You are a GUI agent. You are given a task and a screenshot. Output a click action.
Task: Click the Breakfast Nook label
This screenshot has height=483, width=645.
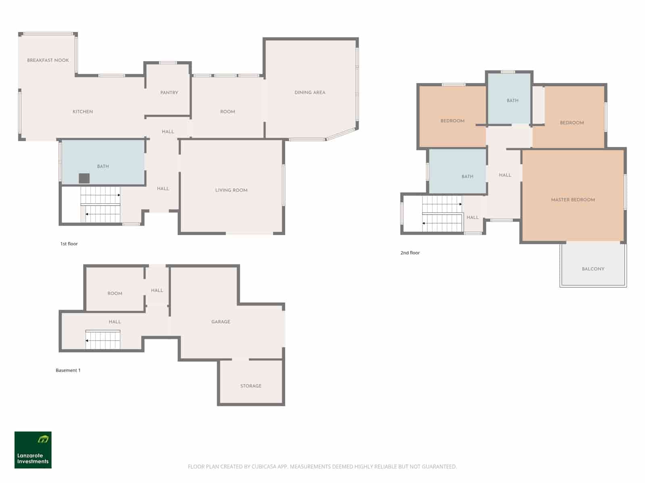pos(48,60)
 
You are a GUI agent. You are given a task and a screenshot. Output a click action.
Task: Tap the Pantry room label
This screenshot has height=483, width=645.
pos(169,93)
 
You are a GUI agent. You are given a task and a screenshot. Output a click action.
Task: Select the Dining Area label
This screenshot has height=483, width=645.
pos(310,93)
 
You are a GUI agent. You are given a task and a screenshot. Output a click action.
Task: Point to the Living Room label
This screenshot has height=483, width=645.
pos(231,190)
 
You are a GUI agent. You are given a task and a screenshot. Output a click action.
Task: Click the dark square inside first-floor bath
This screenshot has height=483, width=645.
pos(84,178)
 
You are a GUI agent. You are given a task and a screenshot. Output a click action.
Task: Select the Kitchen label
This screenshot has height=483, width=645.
pos(83,112)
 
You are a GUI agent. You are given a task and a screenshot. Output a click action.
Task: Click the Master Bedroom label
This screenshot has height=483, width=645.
pos(572,200)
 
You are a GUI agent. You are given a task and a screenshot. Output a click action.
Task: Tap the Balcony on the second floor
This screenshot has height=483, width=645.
pos(593,268)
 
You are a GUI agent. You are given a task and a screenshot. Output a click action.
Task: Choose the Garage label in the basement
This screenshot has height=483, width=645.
pos(221,322)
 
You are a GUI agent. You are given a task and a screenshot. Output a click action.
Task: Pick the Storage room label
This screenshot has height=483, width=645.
pos(251,386)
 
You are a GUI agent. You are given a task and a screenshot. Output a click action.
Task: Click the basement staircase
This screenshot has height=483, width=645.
pos(103,340)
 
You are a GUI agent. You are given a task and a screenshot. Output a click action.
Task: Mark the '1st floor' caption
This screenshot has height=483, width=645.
pos(69,244)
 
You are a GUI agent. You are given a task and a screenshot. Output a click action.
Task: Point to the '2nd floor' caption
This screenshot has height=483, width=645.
pos(410,253)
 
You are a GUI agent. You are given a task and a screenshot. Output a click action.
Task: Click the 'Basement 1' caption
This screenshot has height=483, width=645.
pos(68,370)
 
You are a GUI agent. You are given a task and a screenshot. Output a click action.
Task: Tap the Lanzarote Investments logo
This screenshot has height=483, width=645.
pos(33,450)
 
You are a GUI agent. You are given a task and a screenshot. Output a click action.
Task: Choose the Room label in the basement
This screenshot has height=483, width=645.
pos(115,293)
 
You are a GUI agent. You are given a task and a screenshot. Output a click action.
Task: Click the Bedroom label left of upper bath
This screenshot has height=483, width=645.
pos(452,121)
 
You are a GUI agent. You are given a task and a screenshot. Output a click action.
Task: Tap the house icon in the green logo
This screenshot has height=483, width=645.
pos(43,439)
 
